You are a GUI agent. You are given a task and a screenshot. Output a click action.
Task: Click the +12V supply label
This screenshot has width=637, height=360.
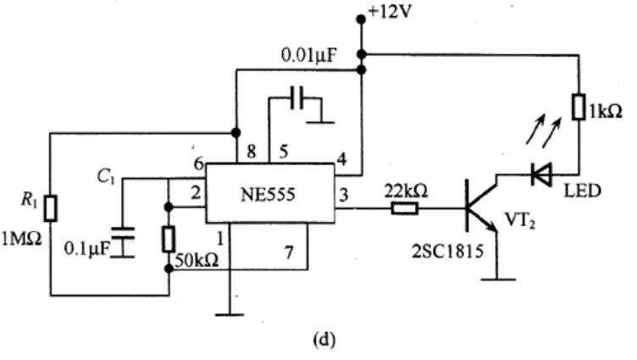tap(389, 12)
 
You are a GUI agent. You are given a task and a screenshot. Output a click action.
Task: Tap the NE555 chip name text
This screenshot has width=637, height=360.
tap(268, 195)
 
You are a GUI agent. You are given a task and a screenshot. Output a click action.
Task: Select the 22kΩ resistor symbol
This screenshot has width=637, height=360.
tap(405, 209)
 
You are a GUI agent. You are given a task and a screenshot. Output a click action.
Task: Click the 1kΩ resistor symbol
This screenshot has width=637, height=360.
tap(579, 107)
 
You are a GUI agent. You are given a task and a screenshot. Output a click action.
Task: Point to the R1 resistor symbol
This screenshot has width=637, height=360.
tap(50, 208)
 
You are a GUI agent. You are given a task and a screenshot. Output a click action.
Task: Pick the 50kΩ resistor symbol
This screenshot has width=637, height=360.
tap(169, 240)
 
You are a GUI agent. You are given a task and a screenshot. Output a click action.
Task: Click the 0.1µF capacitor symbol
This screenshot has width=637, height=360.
tap(122, 242)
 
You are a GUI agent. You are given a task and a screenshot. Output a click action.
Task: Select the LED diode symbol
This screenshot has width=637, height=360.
tap(541, 174)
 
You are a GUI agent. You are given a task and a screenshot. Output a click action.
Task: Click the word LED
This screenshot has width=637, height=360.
tap(582, 191)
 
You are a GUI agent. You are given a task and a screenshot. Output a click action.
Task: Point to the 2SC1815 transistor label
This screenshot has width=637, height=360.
tap(448, 251)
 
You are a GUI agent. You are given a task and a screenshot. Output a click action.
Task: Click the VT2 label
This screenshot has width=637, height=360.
tap(519, 220)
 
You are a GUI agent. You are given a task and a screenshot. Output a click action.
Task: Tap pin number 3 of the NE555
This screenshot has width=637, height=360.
tap(344, 196)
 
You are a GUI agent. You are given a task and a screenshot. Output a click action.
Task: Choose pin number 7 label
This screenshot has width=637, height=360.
tap(289, 252)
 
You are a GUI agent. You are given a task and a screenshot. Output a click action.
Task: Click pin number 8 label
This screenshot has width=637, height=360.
tap(252, 152)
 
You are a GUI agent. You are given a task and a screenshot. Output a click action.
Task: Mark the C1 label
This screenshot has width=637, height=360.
tap(106, 177)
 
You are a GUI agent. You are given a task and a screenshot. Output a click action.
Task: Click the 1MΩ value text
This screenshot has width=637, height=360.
tap(21, 239)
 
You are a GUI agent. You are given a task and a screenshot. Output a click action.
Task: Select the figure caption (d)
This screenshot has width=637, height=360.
tap(324, 340)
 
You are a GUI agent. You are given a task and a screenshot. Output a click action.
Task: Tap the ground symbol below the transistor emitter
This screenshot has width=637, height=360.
tap(498, 280)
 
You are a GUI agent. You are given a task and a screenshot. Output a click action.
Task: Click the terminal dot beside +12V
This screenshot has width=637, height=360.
tap(360, 19)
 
